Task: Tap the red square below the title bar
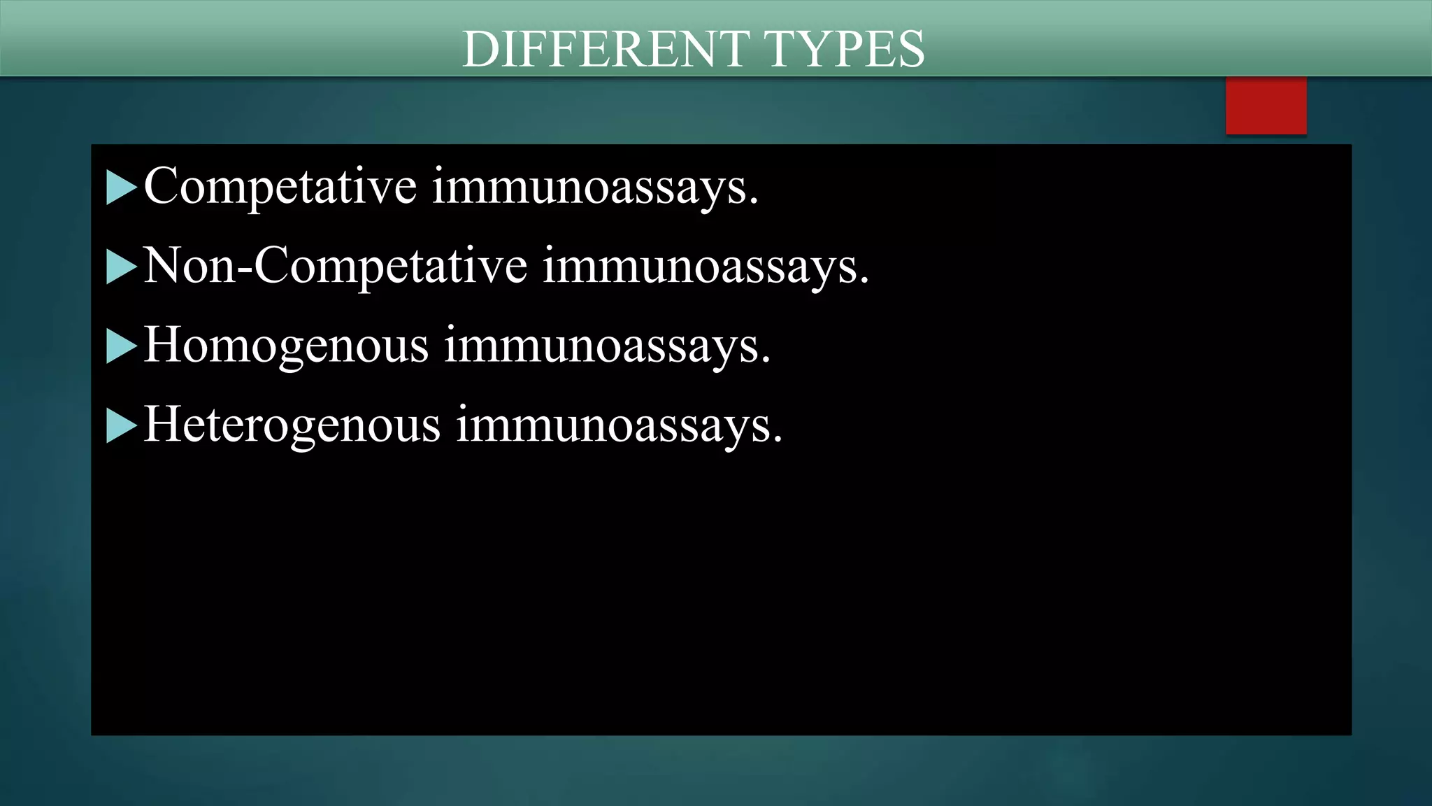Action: tap(1266, 106)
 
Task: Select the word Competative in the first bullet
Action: tap(280, 187)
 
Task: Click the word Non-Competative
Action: tap(335, 267)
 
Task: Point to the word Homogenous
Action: tap(286, 346)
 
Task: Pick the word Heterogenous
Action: tap(292, 425)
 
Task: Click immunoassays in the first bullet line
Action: tap(594, 187)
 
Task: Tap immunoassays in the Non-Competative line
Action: tap(705, 267)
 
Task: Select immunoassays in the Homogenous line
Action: tap(606, 346)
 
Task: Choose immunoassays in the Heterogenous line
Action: tap(619, 425)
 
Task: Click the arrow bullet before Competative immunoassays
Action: tap(120, 188)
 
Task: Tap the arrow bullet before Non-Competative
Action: tap(120, 267)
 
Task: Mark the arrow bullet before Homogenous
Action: tap(120, 346)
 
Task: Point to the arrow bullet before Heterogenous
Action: tap(120, 425)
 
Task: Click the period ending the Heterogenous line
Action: tap(777, 440)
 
